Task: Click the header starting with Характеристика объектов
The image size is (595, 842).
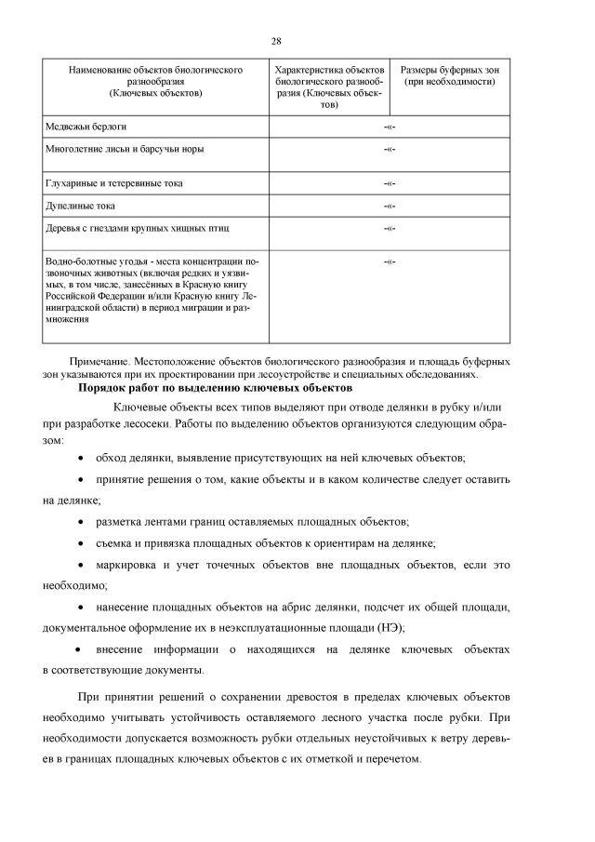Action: (x=329, y=87)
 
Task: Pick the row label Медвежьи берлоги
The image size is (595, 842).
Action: (x=86, y=125)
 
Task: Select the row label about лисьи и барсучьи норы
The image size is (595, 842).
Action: (x=125, y=148)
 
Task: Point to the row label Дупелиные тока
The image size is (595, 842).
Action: (x=81, y=206)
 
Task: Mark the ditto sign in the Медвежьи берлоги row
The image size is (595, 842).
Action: (x=390, y=126)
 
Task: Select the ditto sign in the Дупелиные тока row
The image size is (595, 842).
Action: (x=390, y=206)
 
